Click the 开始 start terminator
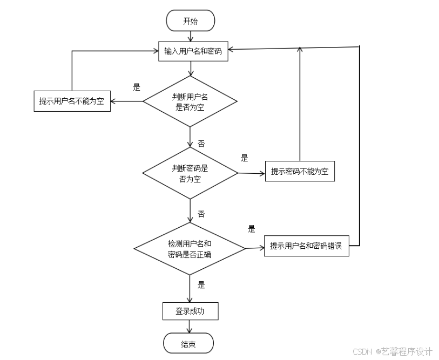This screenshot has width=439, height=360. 191,21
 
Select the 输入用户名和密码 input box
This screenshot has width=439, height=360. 193,51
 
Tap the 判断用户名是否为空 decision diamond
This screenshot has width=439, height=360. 190,101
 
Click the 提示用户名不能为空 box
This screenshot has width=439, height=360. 72,101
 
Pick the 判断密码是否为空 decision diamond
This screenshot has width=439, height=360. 190,173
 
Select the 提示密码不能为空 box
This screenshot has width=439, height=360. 300,172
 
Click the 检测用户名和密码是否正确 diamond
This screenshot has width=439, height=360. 190,248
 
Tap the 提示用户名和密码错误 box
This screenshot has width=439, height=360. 306,246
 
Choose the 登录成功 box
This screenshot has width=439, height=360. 190,311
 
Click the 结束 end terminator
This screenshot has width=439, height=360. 188,344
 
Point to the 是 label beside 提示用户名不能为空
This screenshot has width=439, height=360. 137,86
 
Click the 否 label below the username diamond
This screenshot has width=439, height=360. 201,144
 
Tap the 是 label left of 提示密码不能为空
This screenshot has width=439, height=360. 244,158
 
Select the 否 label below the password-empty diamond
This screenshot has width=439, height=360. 201,214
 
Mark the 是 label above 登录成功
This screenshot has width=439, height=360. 201,285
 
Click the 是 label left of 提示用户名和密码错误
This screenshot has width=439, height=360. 251,229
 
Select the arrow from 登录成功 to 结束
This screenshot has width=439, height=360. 190,327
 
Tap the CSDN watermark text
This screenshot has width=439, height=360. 389,351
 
